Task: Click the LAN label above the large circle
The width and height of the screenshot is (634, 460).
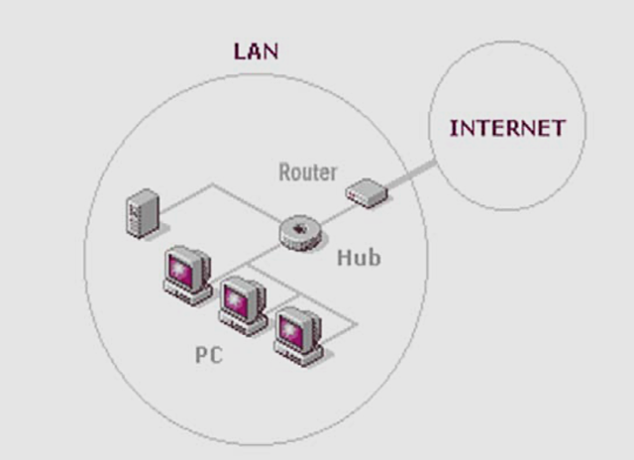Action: click(256, 51)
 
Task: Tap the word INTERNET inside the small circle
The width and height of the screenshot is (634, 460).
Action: click(507, 128)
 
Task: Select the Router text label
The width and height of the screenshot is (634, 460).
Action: click(307, 172)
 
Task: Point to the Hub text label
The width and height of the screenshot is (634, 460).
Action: click(359, 258)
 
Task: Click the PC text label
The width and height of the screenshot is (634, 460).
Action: click(209, 354)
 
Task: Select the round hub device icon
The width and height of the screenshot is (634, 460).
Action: click(299, 232)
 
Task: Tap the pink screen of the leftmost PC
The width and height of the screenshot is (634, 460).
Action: click(185, 265)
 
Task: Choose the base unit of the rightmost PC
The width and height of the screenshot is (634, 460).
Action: click(299, 355)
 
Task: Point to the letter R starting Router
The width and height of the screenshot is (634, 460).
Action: click(284, 172)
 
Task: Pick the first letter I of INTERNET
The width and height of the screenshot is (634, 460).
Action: click(454, 128)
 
